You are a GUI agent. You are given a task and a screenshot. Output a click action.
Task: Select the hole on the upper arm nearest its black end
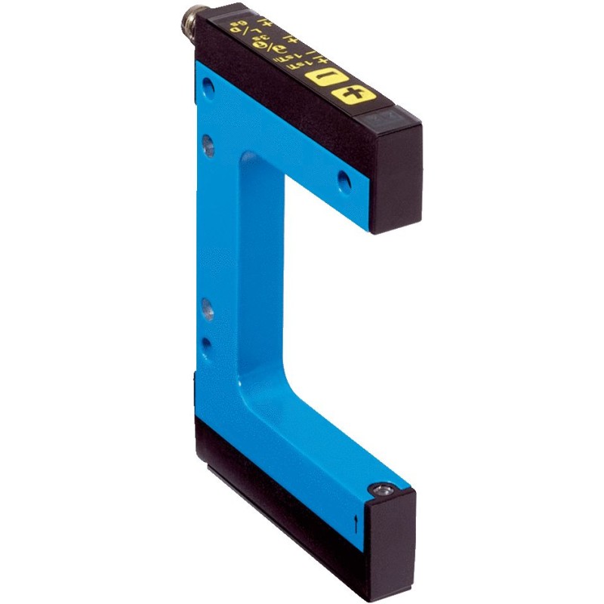344,180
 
